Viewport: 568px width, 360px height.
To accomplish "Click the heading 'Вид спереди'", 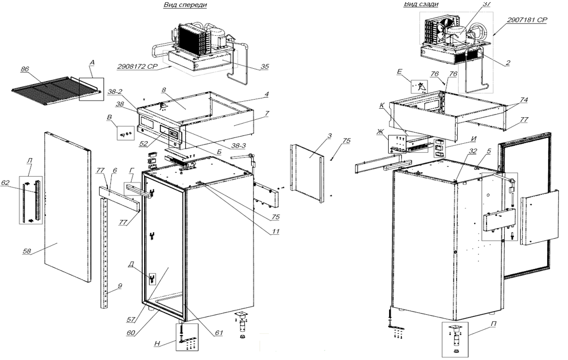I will point(185,5).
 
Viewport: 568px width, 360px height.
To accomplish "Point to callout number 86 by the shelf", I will point(24,69).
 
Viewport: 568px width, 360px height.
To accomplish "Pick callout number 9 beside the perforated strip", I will point(120,286).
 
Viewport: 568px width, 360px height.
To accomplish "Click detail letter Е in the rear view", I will point(400,71).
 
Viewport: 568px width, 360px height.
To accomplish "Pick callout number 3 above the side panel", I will point(330,137).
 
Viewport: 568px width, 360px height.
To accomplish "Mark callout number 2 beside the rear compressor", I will point(508,62).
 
